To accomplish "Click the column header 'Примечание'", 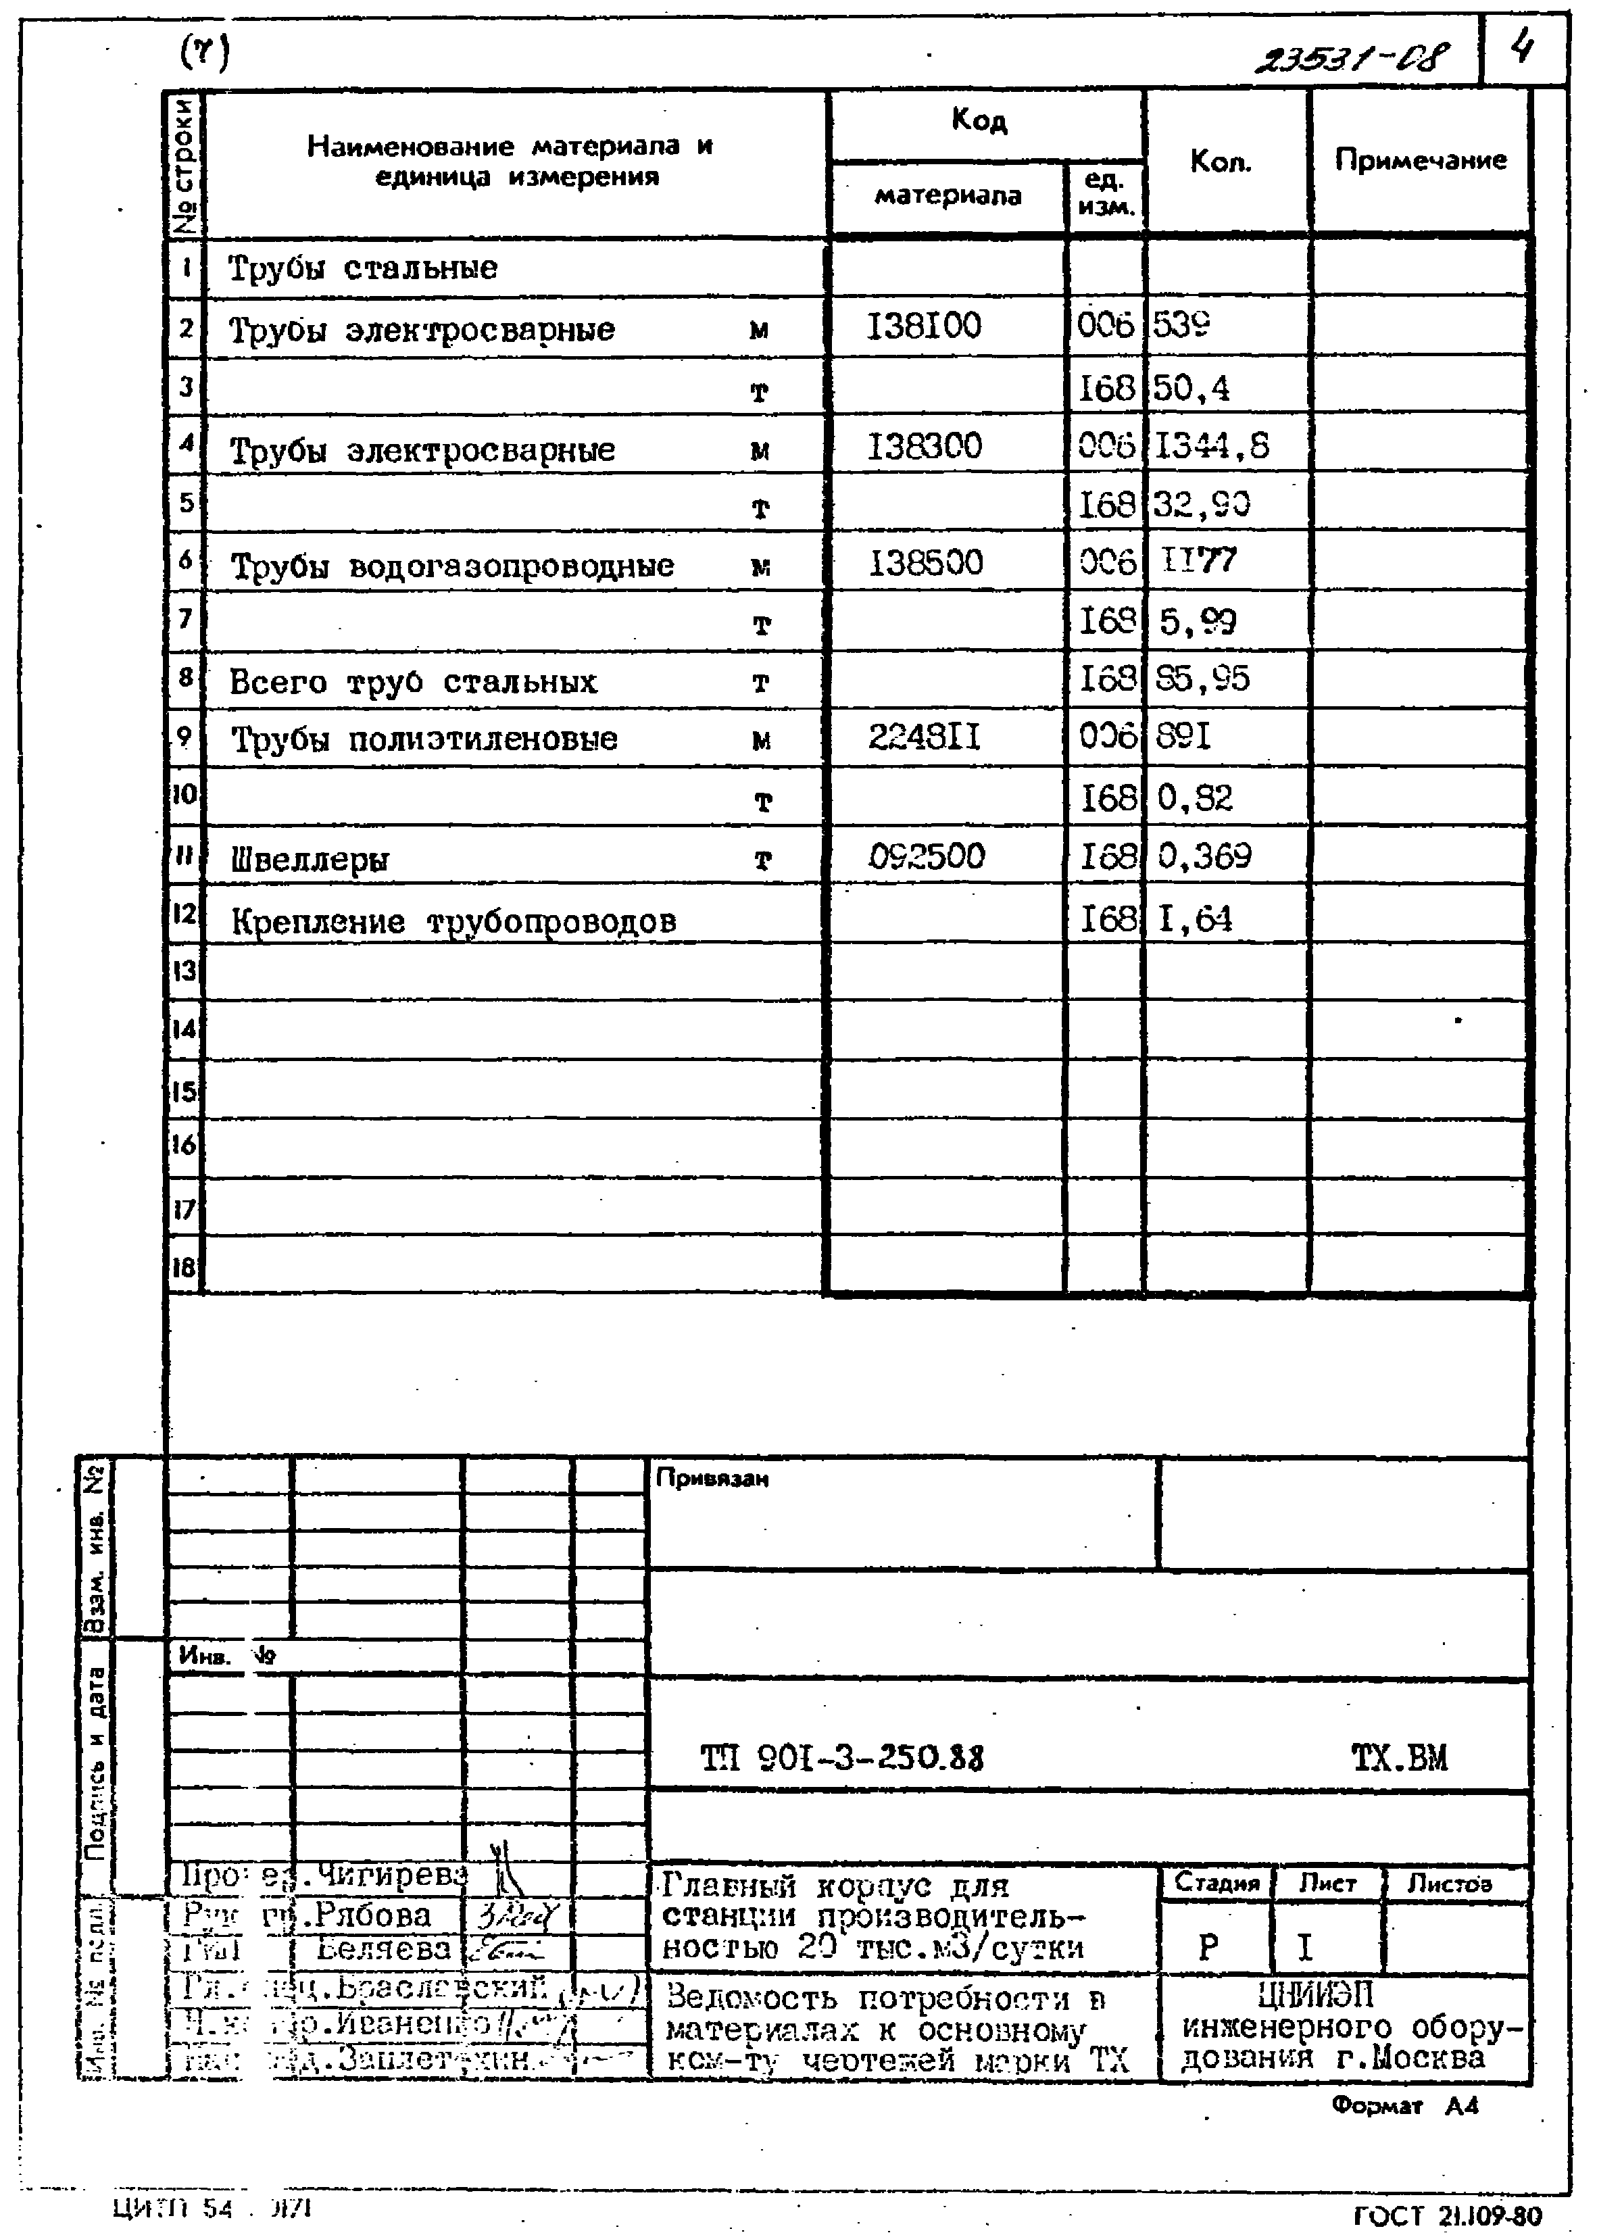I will (x=1420, y=160).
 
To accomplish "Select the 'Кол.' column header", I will (x=1221, y=162).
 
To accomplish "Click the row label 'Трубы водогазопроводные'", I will (x=452, y=566).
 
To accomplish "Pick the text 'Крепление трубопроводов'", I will (x=453, y=921).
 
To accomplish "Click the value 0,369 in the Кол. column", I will (x=1204, y=856).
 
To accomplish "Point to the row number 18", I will (x=184, y=1267).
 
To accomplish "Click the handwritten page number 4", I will (x=1522, y=46).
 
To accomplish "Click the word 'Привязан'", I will (x=712, y=1479).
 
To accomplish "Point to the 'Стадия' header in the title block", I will (x=1217, y=1883).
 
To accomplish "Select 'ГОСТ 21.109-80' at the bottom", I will (x=1448, y=2215).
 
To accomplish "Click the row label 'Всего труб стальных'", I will (x=413, y=681).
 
